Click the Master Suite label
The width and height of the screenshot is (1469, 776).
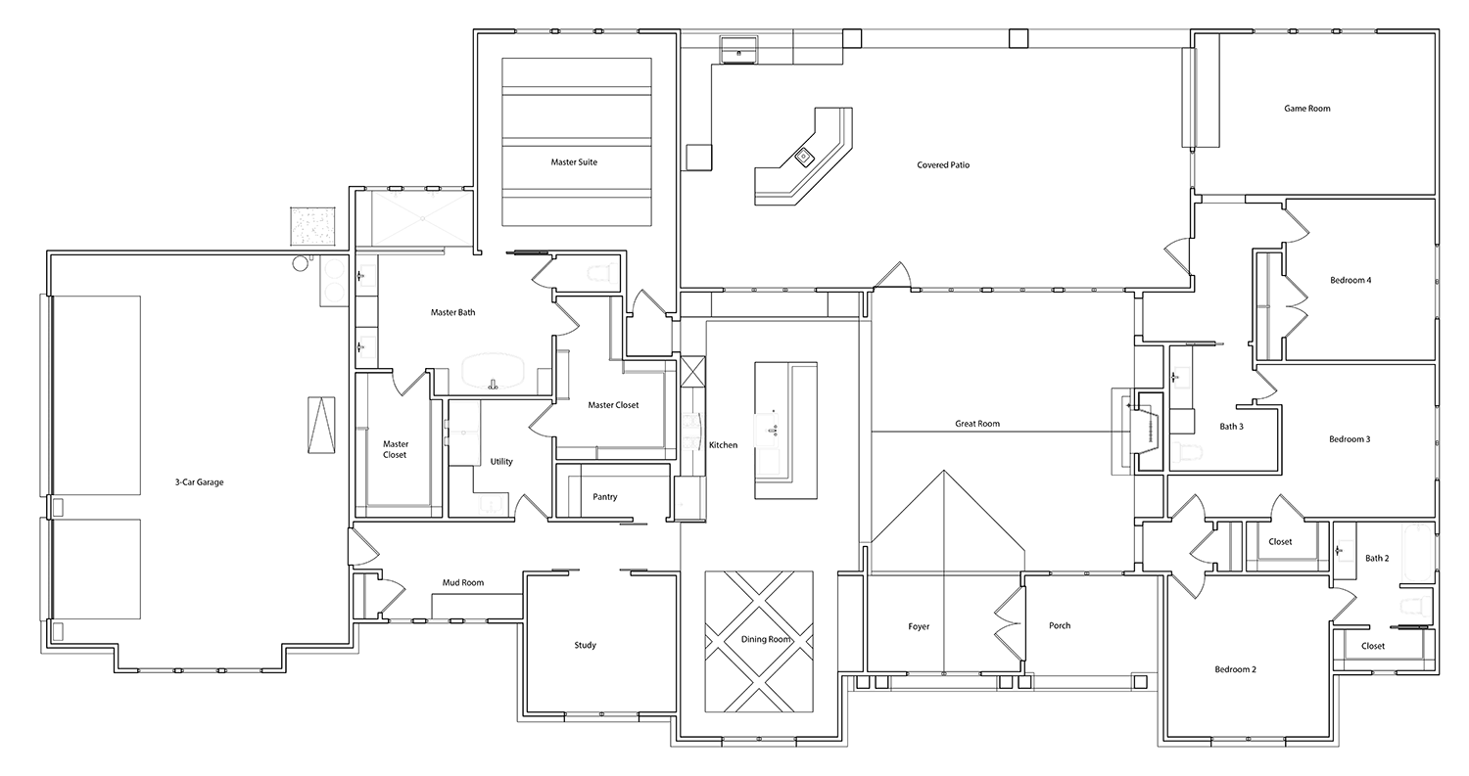574,161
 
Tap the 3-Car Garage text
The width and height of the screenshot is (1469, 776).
200,482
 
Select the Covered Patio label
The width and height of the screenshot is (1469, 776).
943,165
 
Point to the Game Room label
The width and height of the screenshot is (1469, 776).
1307,109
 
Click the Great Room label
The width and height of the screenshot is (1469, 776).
977,424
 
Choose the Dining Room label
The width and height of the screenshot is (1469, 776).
766,640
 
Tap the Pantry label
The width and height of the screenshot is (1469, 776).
604,497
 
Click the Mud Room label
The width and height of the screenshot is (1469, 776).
463,582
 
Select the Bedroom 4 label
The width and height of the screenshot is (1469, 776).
1351,281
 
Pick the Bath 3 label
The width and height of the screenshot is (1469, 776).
1232,427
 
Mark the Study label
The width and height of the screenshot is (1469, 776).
585,646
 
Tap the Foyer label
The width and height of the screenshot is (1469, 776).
919,627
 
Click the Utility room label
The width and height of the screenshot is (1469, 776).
501,462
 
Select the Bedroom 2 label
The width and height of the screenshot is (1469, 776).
1236,669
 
